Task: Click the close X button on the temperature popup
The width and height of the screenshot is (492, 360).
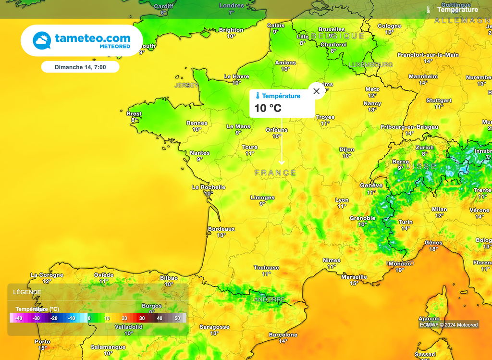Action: (x=316, y=91)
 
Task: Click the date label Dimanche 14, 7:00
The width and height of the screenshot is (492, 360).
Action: (x=80, y=67)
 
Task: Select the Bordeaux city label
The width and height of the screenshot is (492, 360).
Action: (x=221, y=229)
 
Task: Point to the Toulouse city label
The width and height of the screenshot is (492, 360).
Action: (x=266, y=268)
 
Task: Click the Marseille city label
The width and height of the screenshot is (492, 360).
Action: (x=354, y=277)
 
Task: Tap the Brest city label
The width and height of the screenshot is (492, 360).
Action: (x=134, y=114)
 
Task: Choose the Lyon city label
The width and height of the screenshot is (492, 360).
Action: (x=342, y=200)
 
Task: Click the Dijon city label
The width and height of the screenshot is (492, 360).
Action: (x=346, y=149)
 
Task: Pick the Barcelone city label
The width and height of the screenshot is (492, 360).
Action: (x=283, y=335)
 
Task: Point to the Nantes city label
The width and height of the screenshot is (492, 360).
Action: (x=199, y=153)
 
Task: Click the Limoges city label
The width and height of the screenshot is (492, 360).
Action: (x=262, y=198)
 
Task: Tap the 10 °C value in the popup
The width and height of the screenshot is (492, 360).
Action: (x=268, y=108)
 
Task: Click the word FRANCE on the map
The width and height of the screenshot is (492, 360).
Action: (x=275, y=173)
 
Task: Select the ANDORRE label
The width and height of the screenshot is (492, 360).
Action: (x=269, y=299)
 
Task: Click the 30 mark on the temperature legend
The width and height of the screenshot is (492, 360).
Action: (x=142, y=318)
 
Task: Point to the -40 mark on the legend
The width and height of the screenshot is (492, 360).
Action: (x=18, y=318)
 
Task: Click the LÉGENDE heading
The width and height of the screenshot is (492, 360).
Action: (x=27, y=292)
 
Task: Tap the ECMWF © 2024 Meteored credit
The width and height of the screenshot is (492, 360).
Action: (x=448, y=325)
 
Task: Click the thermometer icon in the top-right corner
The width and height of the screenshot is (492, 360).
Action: (x=428, y=9)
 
